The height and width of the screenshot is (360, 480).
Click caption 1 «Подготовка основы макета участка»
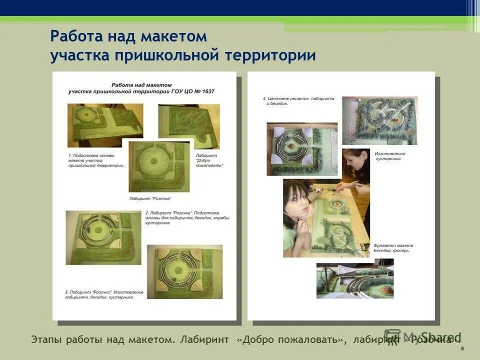click(x=96, y=160)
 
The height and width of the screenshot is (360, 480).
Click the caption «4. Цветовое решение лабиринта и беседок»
click(x=298, y=101)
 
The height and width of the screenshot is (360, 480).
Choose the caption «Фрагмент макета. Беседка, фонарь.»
click(x=393, y=248)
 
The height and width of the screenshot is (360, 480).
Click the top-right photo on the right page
click(x=379, y=120)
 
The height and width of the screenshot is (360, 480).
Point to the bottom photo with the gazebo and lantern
click(x=354, y=280)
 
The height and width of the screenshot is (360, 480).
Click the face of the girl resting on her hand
click(x=298, y=202)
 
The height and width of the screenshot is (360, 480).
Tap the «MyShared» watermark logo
click(x=422, y=337)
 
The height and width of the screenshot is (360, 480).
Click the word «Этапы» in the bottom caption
click(x=46, y=340)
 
